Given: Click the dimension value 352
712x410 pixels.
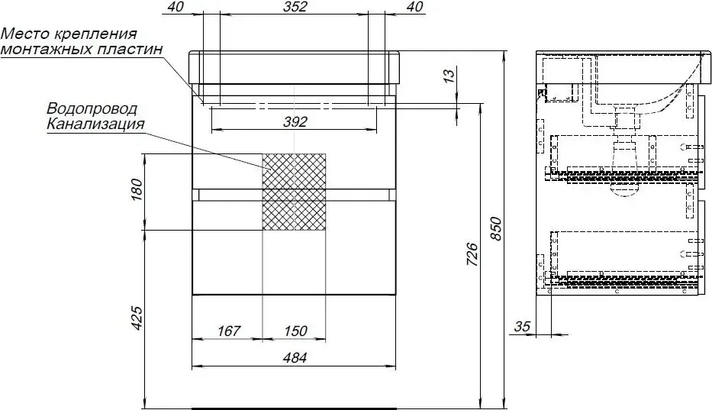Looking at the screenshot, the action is (295, 6).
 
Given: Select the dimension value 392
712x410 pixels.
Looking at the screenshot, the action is (295, 122).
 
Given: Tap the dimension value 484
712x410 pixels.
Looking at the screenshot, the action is (295, 358).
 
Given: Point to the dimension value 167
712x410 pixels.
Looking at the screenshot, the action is (228, 331).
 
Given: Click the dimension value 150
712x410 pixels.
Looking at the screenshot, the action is (295, 331).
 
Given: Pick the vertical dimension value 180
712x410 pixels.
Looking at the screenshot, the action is (137, 190).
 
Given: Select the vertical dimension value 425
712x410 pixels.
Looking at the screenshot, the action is (137, 318).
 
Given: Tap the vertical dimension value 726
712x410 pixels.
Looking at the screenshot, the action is (472, 255).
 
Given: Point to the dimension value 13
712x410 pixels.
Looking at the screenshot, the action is (448, 75).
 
